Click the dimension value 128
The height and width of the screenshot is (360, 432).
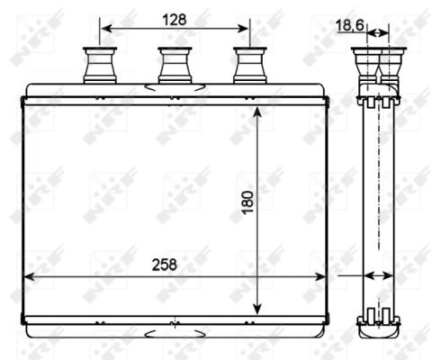point(174,20)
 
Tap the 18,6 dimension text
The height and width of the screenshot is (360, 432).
point(350,24)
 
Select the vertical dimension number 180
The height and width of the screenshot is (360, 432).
point(247,202)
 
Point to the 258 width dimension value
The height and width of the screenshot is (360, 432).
point(165,265)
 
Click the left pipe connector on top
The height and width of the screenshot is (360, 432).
point(100,65)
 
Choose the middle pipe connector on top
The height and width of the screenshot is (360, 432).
point(175,65)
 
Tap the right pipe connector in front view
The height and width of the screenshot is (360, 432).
point(250,65)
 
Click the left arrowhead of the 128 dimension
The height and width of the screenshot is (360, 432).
point(106,29)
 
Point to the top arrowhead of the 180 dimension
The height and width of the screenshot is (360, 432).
point(257,112)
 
